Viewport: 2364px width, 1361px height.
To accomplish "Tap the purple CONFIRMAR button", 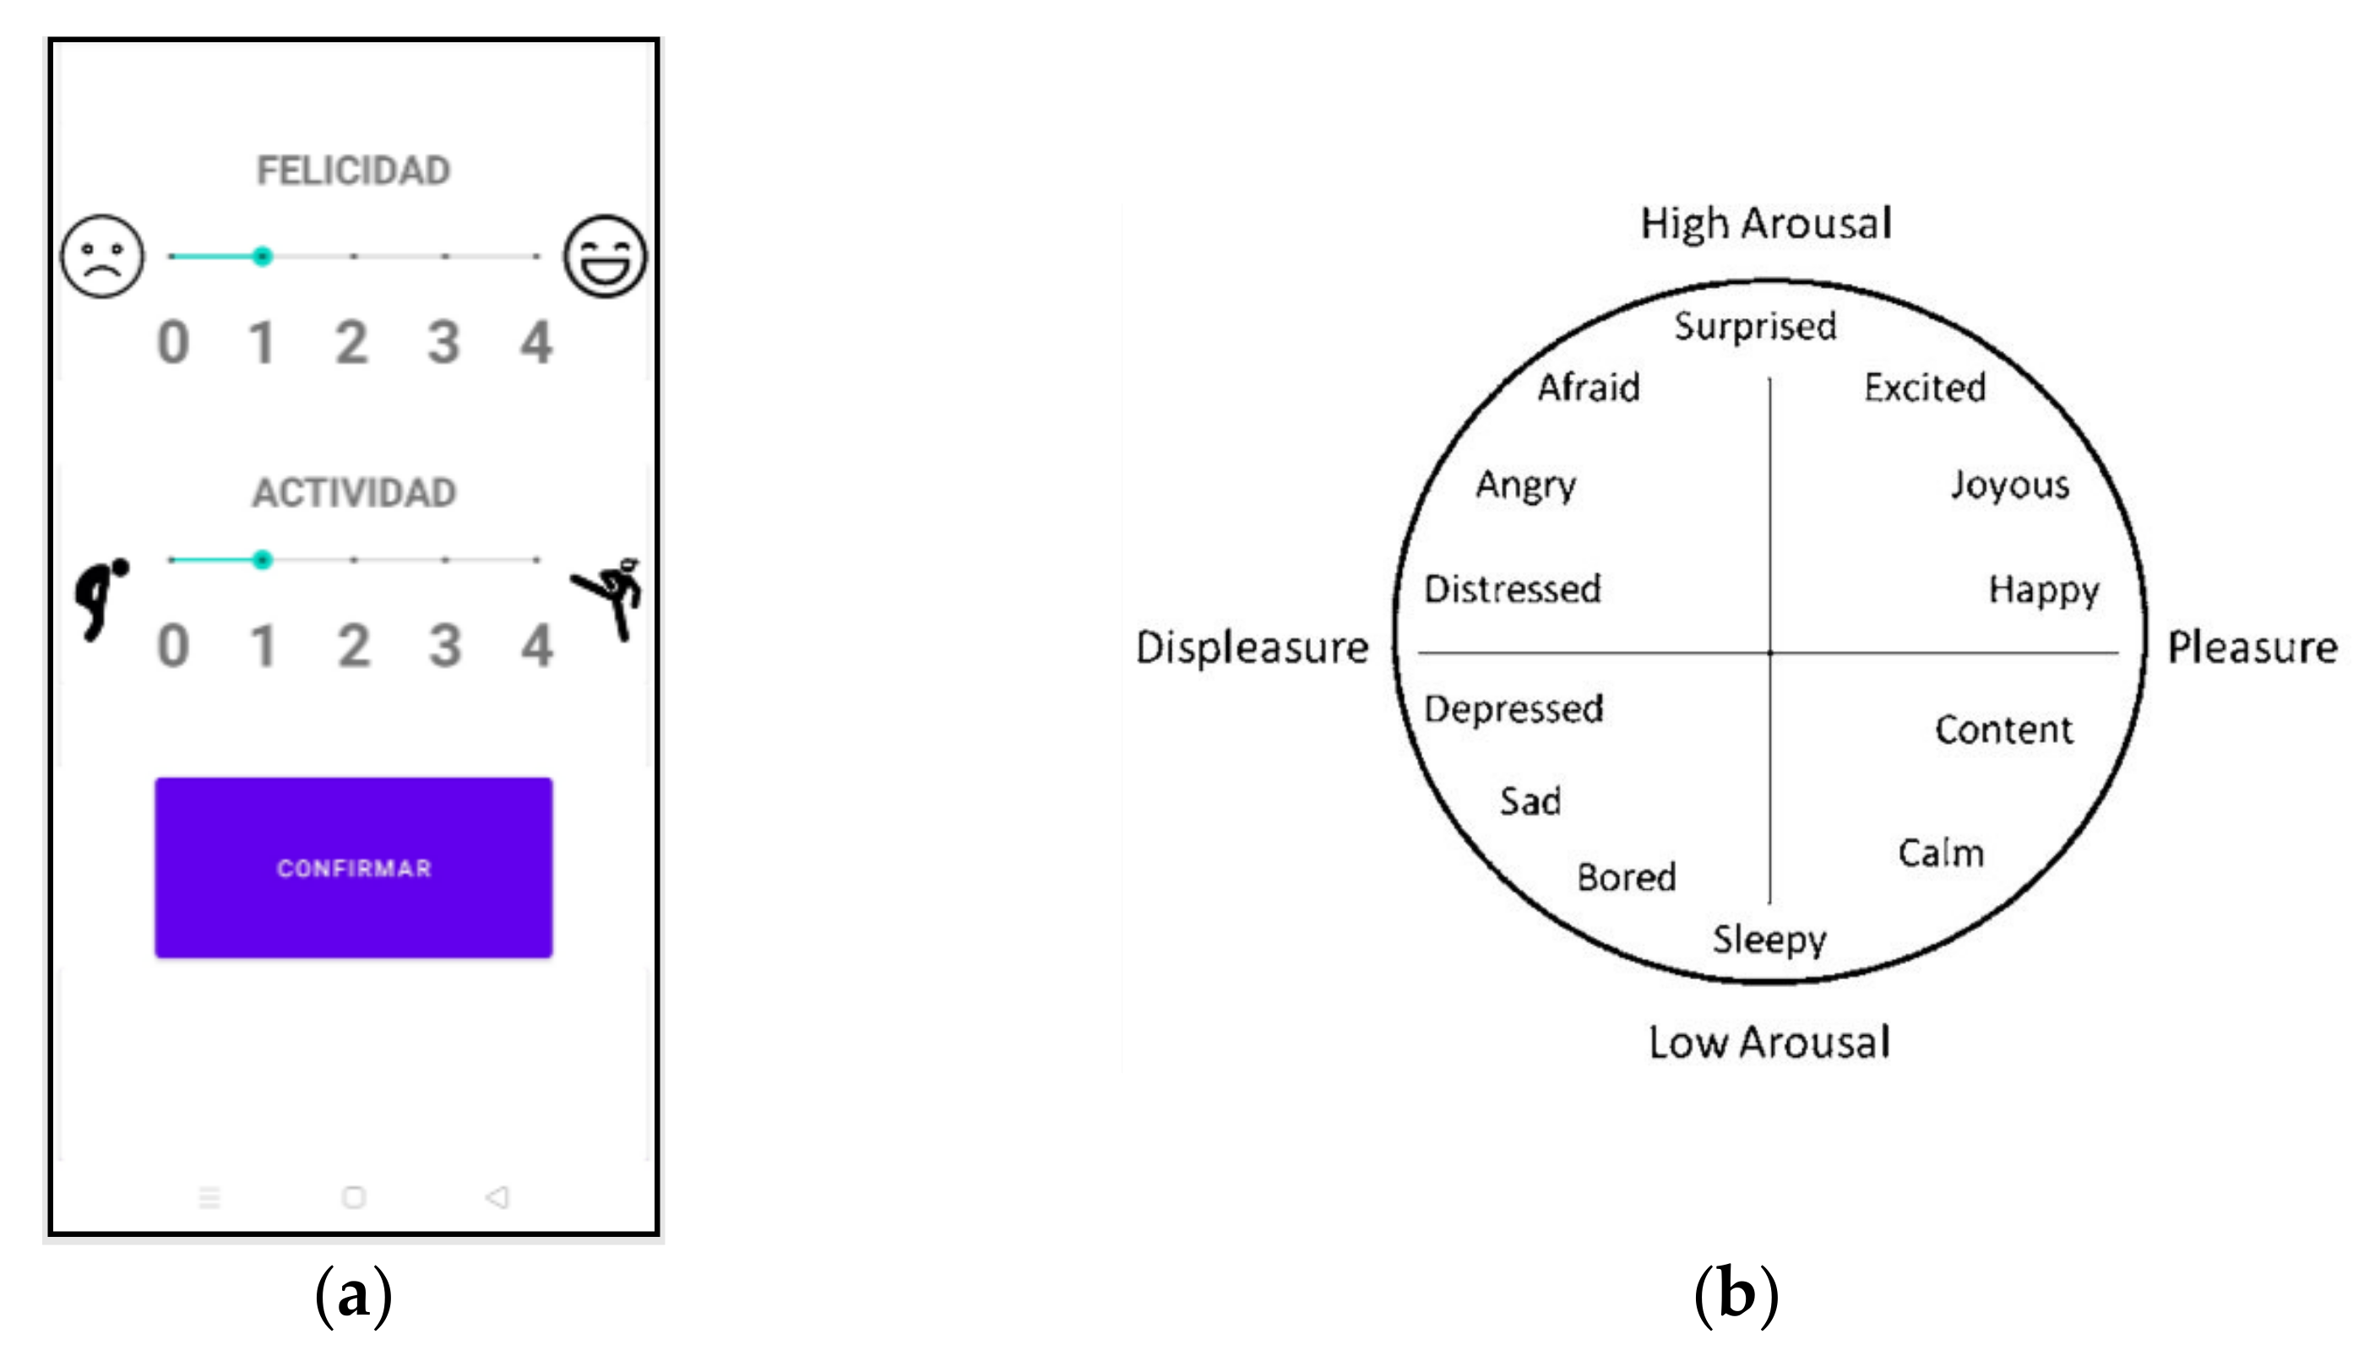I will [x=354, y=867].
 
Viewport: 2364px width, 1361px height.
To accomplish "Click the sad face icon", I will [x=103, y=256].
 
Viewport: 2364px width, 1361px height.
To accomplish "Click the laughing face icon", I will [x=604, y=256].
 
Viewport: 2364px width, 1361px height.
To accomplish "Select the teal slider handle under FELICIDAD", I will [x=263, y=256].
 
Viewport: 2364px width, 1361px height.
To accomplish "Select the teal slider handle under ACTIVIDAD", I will [x=263, y=560].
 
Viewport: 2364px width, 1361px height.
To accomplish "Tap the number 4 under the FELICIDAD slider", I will [x=535, y=342].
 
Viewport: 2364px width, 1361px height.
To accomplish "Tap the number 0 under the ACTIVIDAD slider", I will [x=173, y=646].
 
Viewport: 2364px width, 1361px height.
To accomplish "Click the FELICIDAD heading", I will [x=354, y=171].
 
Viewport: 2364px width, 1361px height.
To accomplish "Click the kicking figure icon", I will [x=610, y=596].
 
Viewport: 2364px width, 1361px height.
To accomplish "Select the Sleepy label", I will [x=1769, y=940].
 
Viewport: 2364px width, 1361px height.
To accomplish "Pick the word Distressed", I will [x=1512, y=589].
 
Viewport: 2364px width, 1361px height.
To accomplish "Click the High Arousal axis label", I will [x=1765, y=225].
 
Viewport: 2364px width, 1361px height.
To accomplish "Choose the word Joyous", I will [x=2009, y=486].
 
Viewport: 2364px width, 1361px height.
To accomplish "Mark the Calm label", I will [x=1940, y=853].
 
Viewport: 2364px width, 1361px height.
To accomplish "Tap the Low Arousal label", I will [x=1769, y=1042].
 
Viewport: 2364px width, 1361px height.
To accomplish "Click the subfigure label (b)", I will [x=1736, y=1295].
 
